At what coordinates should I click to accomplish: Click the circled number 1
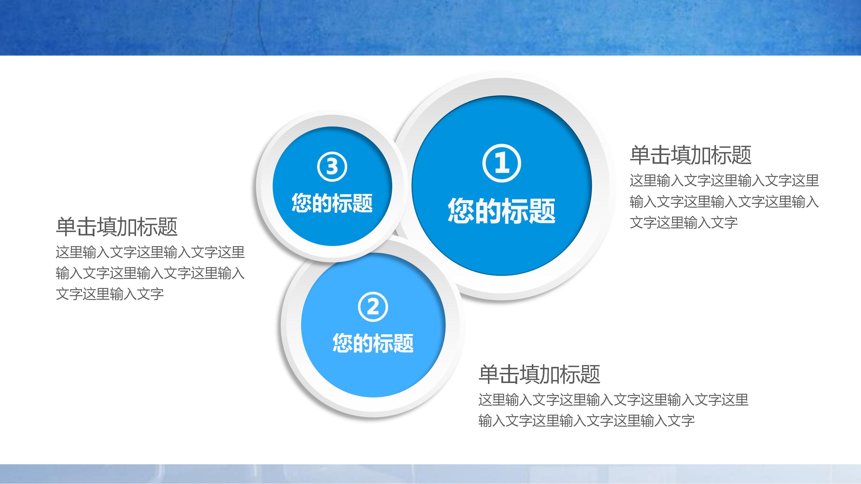pos(502,163)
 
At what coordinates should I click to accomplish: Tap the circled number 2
pos(373,307)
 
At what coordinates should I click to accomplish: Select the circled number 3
pos(332,166)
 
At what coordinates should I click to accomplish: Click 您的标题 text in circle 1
pos(502,210)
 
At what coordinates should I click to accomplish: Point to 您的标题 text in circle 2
pos(373,343)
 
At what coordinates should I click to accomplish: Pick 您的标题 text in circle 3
pos(332,203)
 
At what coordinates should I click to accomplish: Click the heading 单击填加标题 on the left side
pos(116,226)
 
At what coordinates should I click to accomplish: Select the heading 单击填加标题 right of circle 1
pos(691,155)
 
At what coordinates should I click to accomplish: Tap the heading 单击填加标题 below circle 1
pos(539,374)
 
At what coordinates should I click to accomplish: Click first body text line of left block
pos(150,252)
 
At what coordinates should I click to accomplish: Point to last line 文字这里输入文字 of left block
pos(110,294)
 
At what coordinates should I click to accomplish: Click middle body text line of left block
pos(150,273)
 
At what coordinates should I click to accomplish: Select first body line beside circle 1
pos(724,181)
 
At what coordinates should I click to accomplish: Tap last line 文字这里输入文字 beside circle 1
pos(683,223)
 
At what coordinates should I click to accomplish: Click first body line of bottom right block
pos(613,400)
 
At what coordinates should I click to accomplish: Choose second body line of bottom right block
pos(586,421)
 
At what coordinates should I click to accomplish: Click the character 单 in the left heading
pos(66,226)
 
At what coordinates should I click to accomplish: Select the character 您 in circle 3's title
pos(301,203)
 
